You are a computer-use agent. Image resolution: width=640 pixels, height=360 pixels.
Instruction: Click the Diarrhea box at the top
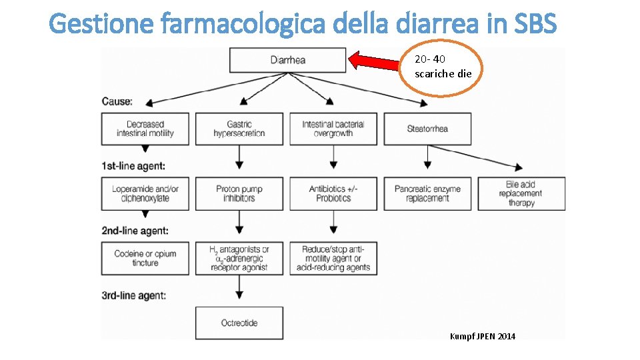click(287, 60)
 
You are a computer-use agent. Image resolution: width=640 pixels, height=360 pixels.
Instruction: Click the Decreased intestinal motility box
click(145, 129)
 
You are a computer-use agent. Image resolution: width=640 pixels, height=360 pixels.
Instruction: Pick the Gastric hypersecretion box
click(239, 129)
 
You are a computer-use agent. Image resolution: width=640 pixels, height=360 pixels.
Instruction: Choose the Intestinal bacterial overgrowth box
click(333, 129)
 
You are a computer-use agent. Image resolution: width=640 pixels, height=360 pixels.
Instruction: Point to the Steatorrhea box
click(427, 129)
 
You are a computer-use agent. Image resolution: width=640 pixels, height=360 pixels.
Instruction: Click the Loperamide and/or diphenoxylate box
click(145, 193)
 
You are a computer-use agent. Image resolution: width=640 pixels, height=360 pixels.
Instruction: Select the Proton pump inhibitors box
click(239, 193)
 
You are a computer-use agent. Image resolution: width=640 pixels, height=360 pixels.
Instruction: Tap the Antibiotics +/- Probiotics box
click(333, 193)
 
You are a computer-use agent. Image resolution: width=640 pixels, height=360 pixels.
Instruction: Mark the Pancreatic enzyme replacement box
click(427, 193)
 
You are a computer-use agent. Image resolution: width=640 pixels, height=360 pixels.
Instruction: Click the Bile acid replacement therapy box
click(521, 193)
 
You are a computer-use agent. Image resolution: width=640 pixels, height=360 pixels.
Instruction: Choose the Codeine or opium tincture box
click(145, 258)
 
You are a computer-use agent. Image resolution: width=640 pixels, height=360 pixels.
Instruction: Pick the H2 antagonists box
click(239, 258)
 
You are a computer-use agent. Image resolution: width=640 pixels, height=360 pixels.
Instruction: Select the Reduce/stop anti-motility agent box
click(333, 258)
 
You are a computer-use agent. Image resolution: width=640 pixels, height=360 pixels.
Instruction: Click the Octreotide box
click(239, 323)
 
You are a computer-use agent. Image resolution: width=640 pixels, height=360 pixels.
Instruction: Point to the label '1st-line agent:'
click(133, 165)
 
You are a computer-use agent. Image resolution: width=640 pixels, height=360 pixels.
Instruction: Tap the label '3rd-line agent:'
click(134, 295)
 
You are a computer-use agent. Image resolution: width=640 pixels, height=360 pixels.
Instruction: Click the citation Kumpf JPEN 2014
click(482, 336)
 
